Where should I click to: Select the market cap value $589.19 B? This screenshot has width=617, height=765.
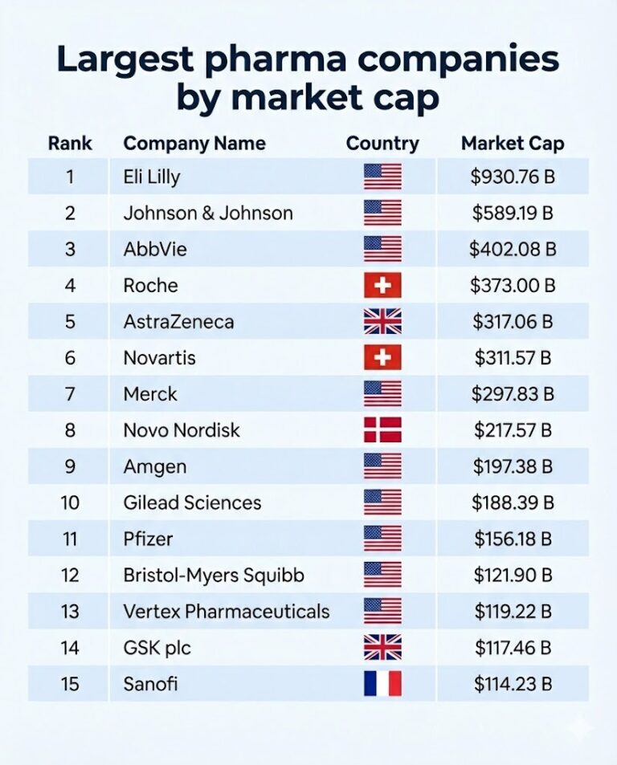pos(513,213)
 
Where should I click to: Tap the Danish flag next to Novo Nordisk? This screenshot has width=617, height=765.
pos(382,430)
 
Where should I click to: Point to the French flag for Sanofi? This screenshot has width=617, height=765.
pos(382,684)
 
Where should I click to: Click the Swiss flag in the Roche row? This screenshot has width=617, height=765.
pos(382,286)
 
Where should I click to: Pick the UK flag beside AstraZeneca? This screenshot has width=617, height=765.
pos(382,322)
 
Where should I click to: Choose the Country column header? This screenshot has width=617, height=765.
pos(382,144)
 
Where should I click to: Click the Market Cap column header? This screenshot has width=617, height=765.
pos(513,144)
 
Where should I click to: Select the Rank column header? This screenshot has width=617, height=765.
pos(70,144)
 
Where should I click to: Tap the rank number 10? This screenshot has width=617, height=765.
pos(70,503)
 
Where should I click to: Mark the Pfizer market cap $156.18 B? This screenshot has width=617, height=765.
pos(513,539)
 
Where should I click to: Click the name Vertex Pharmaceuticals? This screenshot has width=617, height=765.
pos(227,612)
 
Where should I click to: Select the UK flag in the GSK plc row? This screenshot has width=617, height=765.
pos(382,648)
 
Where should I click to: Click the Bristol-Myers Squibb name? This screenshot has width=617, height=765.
pos(214,576)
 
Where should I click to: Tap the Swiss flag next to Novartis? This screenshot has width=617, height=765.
pos(382,358)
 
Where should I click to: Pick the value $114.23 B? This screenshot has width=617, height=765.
pos(513,684)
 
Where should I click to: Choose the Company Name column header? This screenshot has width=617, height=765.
pos(194,144)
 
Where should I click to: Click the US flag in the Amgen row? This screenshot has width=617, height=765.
pos(382,466)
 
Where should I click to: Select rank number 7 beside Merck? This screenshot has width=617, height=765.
pos(70,394)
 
